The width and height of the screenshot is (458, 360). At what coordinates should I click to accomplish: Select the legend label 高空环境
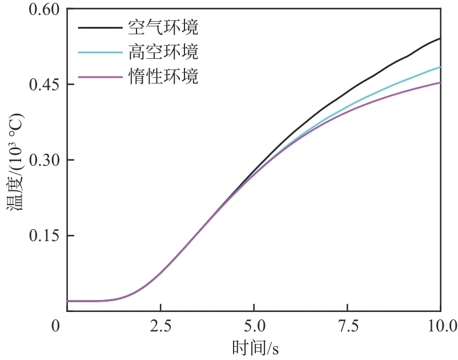coord(164,51)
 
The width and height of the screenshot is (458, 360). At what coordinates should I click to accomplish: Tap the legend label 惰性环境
coord(164,76)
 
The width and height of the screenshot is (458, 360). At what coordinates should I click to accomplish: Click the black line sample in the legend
coord(100,27)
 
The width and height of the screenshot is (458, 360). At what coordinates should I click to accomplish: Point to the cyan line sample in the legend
coord(100,51)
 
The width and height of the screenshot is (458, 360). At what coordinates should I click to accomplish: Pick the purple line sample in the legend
coord(100,76)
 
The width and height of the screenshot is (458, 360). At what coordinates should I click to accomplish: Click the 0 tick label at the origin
coord(55,326)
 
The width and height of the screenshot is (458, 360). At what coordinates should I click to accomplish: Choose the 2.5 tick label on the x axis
coord(160,326)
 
